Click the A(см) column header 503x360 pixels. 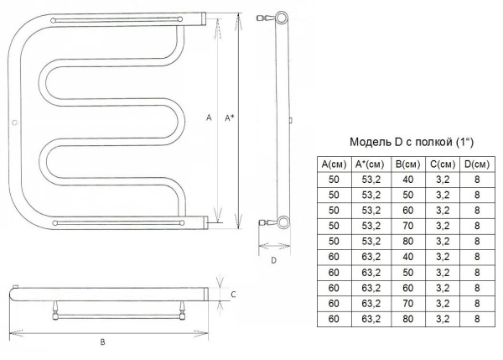(334, 164)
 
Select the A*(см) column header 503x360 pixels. (370, 164)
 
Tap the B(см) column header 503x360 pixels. (407, 164)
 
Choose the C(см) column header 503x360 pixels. (443, 164)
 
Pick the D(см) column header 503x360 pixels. (477, 164)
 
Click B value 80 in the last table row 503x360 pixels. (407, 319)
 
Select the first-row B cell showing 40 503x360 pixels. (407, 180)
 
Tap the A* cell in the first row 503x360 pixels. (371, 180)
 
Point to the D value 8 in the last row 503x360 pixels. (477, 319)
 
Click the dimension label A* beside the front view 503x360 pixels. (229, 118)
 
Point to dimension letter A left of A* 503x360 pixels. (209, 117)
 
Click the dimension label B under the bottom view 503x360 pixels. (102, 342)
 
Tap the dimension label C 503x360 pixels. (233, 295)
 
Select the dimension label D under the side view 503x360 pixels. (273, 260)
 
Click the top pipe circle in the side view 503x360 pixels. (282, 18)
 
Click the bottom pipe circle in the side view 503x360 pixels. (283, 222)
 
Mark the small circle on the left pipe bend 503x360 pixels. (14, 123)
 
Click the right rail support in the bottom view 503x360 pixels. (182, 310)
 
